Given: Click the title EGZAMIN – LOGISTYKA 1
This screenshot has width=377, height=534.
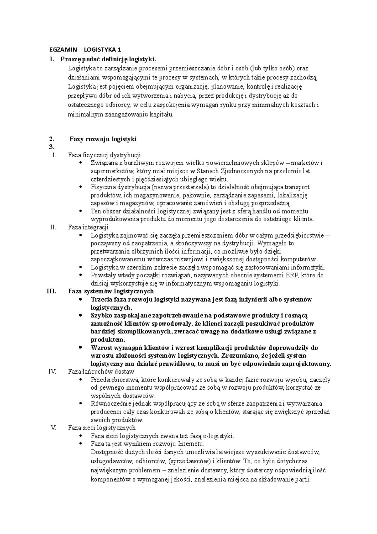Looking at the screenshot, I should click(85, 49).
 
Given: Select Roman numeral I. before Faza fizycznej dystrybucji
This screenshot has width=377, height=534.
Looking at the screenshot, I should click(54, 155).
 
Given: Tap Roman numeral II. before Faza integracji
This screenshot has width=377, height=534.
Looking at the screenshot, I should click(53, 227).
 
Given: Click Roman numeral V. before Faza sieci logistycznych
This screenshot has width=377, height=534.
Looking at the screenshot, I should click(53, 427).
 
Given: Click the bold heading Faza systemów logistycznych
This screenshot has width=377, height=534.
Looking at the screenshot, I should click(111, 291).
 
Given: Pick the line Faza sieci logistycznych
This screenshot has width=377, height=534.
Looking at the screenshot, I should click(102, 427).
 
